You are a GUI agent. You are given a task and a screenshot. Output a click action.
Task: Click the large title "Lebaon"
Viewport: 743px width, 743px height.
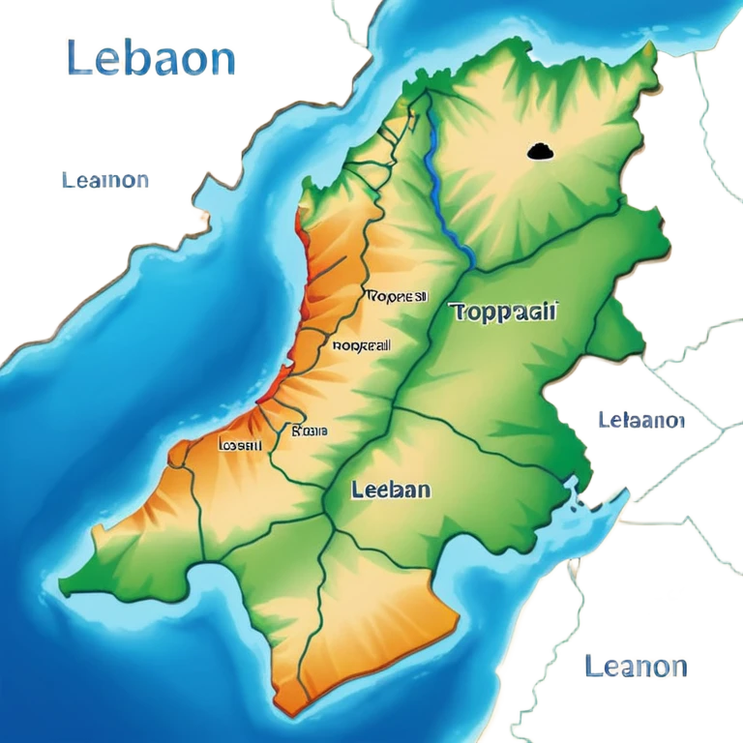click(151, 59)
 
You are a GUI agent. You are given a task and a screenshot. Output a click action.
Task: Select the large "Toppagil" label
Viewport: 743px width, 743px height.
click(504, 312)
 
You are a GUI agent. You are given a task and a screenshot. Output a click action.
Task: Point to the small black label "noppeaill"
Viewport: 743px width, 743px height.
click(361, 344)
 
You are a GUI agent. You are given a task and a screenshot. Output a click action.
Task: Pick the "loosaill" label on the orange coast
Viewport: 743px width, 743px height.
click(240, 446)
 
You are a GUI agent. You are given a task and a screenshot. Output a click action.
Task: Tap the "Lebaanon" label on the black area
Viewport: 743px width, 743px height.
click(641, 421)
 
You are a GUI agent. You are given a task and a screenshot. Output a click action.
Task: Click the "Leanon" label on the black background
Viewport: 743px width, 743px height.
click(636, 666)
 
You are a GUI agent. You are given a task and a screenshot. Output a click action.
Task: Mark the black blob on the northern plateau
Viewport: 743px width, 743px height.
click(539, 150)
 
